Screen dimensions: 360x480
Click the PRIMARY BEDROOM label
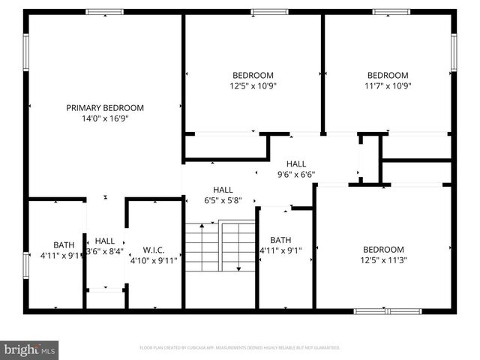(105, 108)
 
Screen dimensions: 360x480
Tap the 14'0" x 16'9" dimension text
(105, 118)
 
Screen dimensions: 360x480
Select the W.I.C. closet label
(153, 250)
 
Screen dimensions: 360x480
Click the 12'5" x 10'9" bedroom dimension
(253, 85)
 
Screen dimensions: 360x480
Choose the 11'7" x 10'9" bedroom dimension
(387, 85)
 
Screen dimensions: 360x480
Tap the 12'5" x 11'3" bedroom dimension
(383, 260)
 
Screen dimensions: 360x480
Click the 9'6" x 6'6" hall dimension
(296, 174)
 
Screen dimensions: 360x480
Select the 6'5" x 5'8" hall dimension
(223, 200)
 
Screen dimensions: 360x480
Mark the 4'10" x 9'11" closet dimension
(153, 261)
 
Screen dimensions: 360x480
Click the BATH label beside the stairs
(280, 240)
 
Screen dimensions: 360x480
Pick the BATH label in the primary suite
(64, 244)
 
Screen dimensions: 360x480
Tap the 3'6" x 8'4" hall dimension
(105, 251)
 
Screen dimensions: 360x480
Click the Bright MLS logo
(30, 349)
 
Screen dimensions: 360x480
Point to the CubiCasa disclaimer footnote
(240, 348)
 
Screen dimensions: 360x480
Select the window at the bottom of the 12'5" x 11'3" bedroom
(388, 310)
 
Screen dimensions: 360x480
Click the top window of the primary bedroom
(104, 11)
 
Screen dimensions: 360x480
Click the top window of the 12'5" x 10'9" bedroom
(269, 11)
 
